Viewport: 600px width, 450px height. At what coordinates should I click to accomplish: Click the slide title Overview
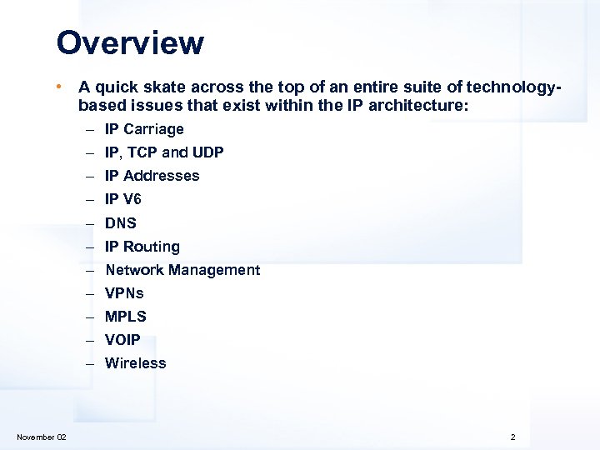click(130, 43)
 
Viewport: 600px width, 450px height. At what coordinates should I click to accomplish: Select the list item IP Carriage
click(144, 129)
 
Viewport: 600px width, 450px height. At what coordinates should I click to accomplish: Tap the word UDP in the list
click(208, 152)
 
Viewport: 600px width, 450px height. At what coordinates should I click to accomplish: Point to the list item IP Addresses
click(152, 176)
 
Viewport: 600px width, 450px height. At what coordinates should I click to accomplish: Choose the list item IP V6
click(123, 199)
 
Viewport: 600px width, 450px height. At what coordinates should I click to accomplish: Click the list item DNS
click(121, 223)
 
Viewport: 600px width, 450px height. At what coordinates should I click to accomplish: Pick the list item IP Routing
click(142, 247)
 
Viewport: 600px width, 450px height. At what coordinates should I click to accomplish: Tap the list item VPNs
click(124, 293)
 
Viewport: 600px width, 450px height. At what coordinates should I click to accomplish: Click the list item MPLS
click(126, 317)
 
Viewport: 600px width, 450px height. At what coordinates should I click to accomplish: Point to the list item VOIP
click(122, 340)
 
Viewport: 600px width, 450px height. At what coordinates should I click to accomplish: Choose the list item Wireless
click(136, 363)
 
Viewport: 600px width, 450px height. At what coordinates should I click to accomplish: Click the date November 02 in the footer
click(42, 437)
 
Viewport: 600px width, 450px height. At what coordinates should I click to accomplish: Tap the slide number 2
click(513, 437)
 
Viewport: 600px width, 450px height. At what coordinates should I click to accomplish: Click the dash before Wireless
click(88, 363)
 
